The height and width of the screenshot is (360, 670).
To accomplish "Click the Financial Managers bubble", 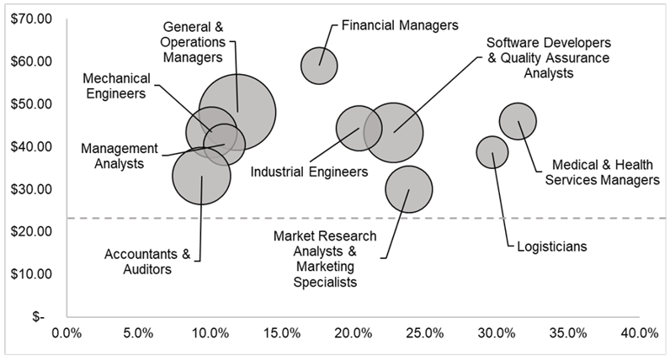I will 319,66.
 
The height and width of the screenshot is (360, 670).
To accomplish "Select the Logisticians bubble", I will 492,152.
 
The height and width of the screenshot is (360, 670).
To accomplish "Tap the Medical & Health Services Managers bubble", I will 518,120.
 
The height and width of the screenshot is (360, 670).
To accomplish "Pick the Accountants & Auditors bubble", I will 200,176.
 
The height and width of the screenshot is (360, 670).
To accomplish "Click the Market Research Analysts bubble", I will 409,190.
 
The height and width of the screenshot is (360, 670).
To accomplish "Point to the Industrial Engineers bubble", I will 359,129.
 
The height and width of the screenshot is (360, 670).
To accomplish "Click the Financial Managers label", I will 399,25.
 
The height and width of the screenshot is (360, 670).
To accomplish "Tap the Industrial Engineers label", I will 309,172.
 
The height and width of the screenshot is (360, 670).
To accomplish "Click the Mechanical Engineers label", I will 116,86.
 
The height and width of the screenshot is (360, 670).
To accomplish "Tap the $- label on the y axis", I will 39,317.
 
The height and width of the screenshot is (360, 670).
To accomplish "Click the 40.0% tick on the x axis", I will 640,333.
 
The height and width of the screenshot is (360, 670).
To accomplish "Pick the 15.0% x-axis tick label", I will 281,333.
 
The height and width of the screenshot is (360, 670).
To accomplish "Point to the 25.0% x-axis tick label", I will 424,333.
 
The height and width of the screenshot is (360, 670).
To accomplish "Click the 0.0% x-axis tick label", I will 66,333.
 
